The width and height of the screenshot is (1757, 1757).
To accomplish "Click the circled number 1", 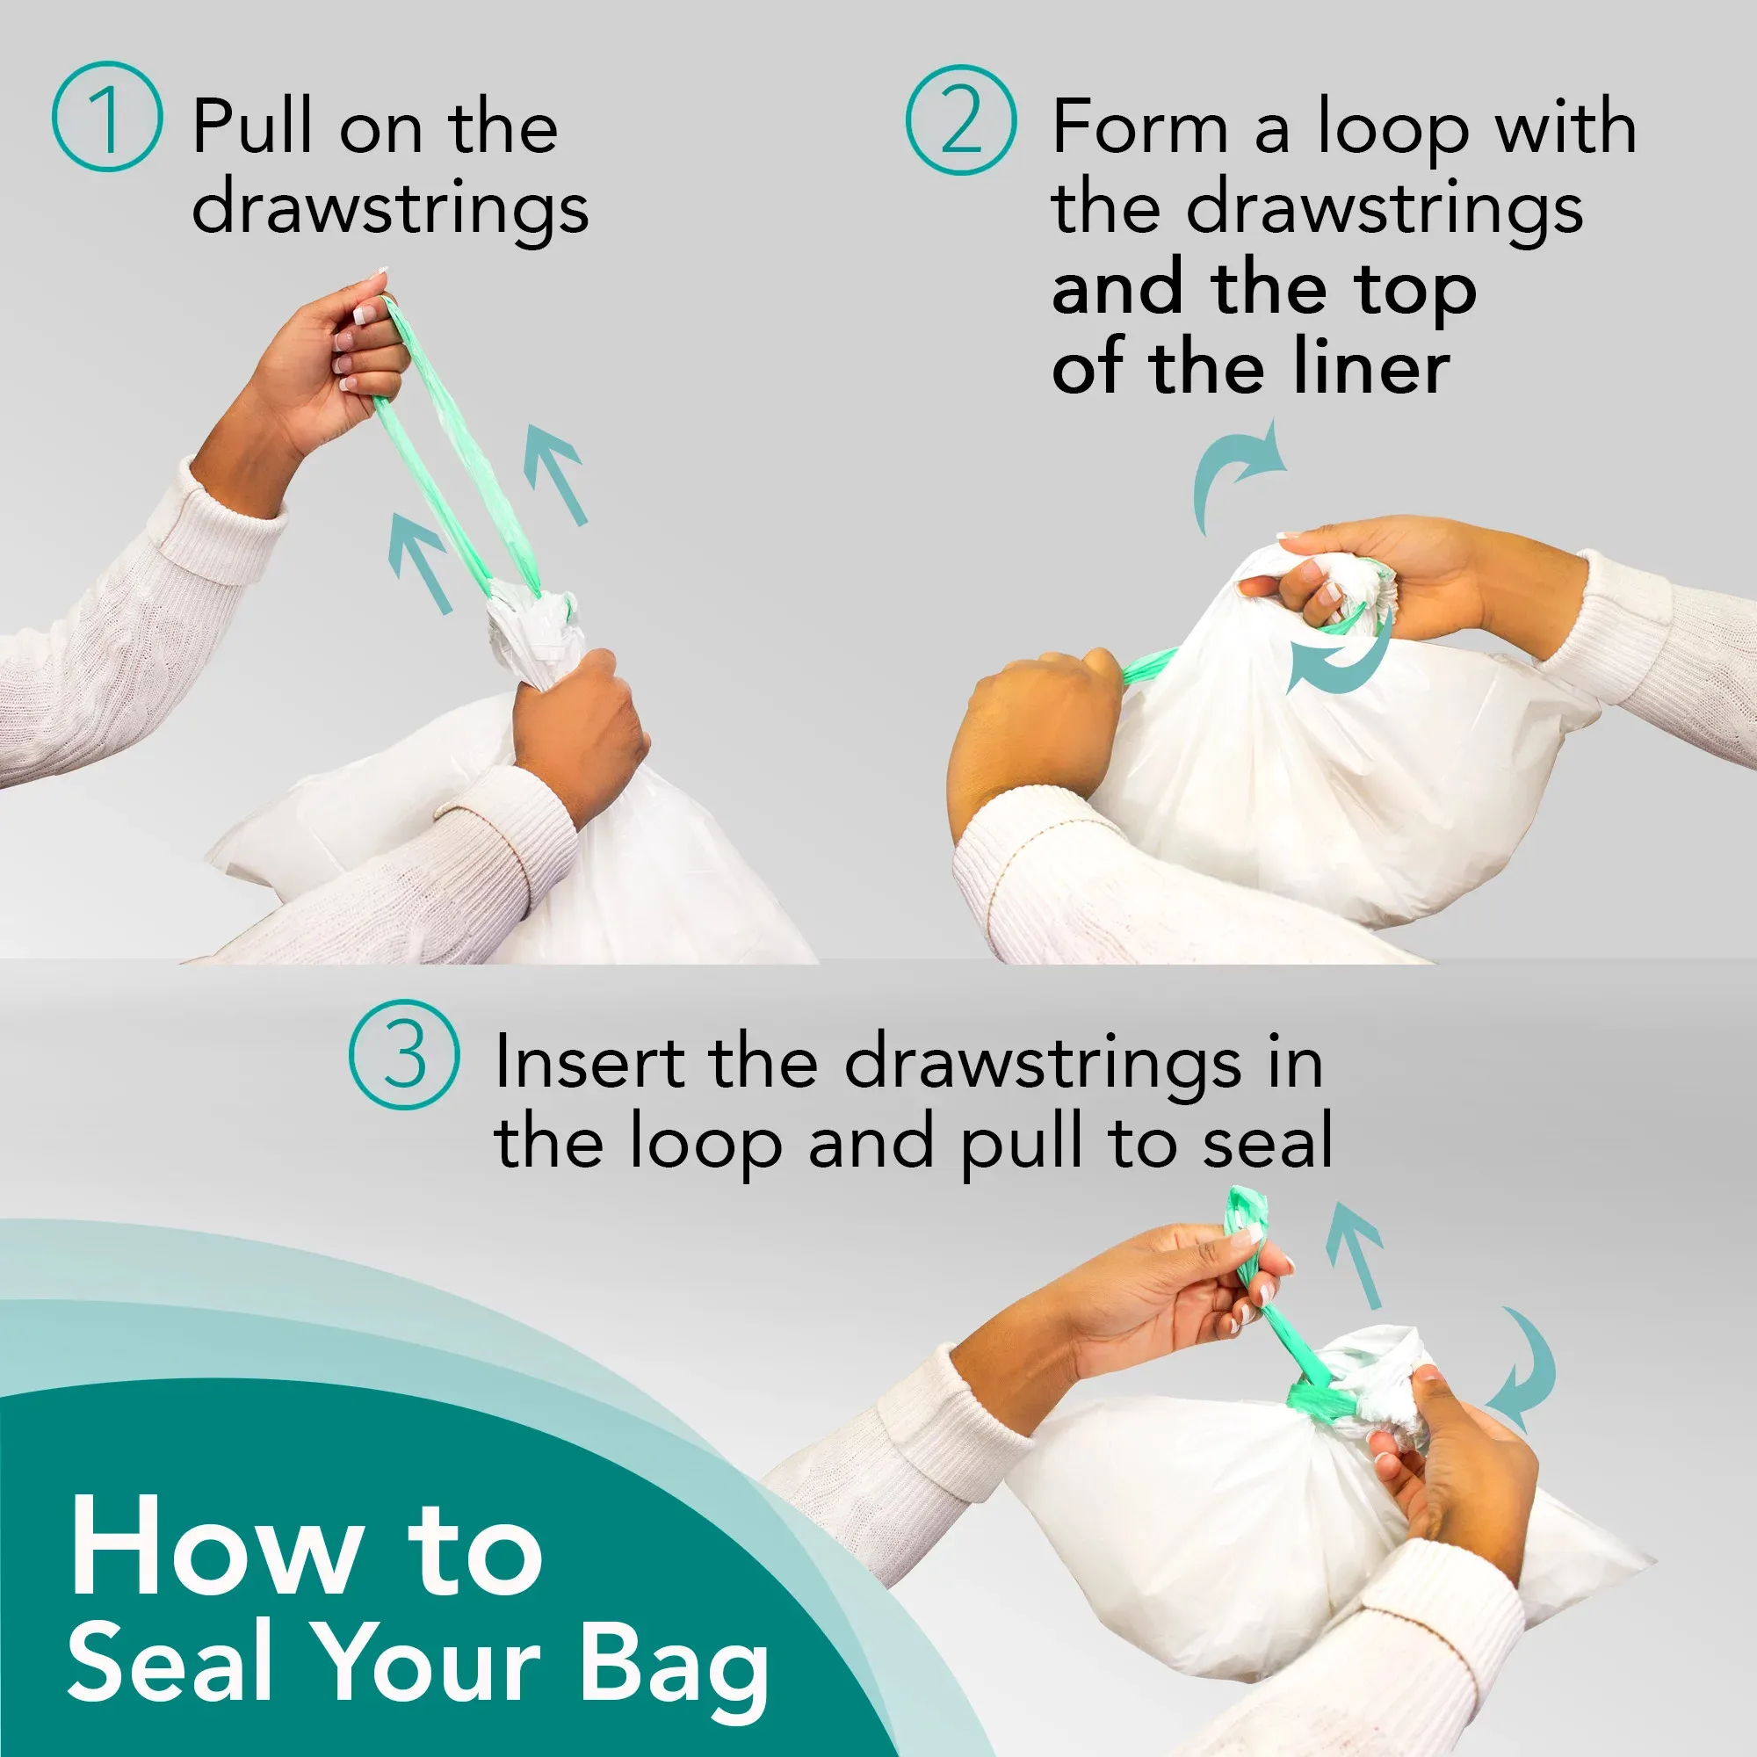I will (x=107, y=117).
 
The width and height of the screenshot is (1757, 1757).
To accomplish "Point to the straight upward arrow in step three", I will (x=1356, y=1254).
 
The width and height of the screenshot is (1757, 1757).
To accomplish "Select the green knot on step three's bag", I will (x=1318, y=1401).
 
